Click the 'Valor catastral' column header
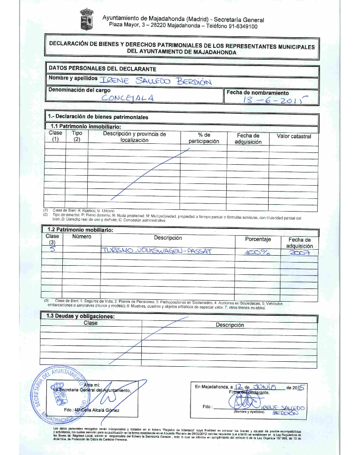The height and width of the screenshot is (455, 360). point(294,136)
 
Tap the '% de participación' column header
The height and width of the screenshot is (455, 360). point(204,138)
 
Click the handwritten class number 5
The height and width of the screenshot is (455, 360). point(52,250)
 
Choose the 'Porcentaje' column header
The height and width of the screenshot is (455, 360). point(258,239)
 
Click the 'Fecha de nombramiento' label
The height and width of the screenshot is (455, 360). point(257,92)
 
